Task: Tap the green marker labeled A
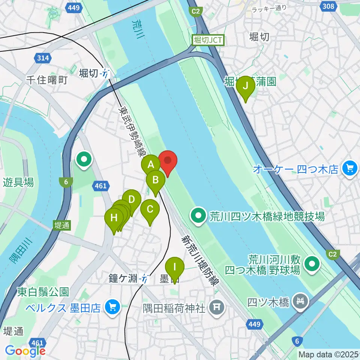point(151,165)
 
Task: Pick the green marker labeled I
point(174,267)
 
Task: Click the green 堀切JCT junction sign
point(208,40)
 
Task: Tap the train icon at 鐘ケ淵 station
point(143,279)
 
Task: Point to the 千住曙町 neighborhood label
point(46,80)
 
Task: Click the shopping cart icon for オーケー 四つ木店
point(350,169)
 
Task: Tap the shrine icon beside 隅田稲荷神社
point(217,308)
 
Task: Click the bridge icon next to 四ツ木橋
point(301,300)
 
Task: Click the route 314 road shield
point(43,58)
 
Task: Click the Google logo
point(25,350)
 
